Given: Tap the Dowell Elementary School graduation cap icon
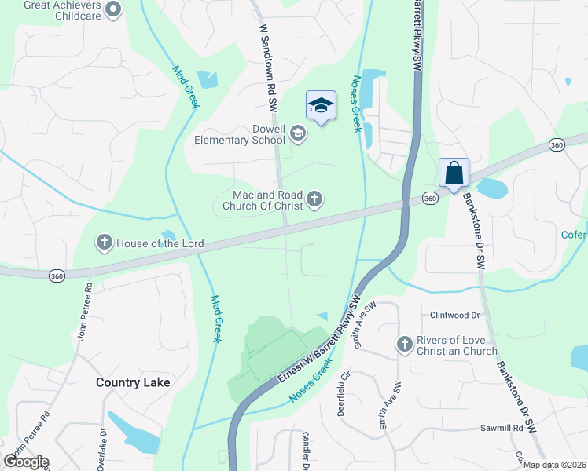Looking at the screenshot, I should [298, 134].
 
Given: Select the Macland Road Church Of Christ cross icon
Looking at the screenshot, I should [314, 199].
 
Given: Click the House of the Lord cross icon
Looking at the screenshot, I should [104, 243].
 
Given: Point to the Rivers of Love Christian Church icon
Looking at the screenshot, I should [404, 344].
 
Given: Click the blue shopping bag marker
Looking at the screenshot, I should [454, 173].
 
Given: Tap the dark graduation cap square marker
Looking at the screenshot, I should [321, 105].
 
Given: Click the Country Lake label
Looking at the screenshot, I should [133, 383].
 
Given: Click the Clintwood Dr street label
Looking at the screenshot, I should [454, 315].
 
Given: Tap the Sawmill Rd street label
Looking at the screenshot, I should [502, 429].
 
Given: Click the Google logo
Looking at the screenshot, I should [26, 462].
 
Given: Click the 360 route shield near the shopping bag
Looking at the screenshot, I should [429, 199].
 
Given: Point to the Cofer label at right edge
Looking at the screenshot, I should [574, 234].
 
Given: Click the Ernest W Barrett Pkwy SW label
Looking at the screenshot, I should [318, 339].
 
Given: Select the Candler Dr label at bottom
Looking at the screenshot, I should [303, 451].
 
